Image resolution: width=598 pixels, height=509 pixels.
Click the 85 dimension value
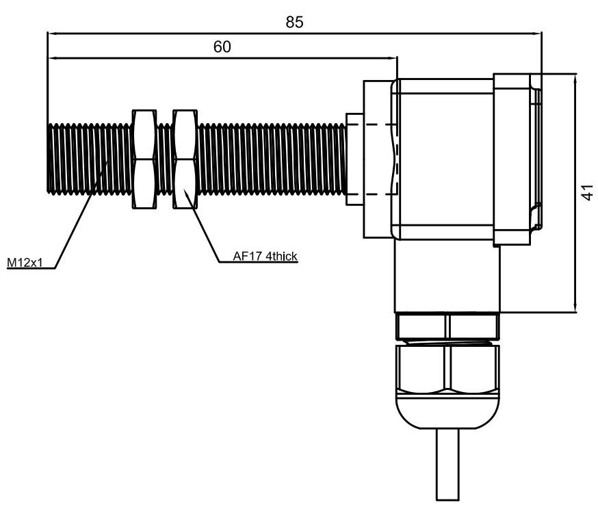[294, 22]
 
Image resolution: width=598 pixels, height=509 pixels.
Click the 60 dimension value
[222, 47]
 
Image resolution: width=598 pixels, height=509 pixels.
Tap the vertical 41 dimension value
[586, 194]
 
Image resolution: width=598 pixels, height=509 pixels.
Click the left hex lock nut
[142, 158]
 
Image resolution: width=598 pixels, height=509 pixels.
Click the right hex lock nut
[185, 158]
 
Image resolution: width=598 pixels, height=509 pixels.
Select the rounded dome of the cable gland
[447, 413]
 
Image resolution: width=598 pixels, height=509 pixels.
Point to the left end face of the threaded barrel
[49, 157]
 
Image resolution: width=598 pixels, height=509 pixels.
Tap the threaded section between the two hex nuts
[164, 158]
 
